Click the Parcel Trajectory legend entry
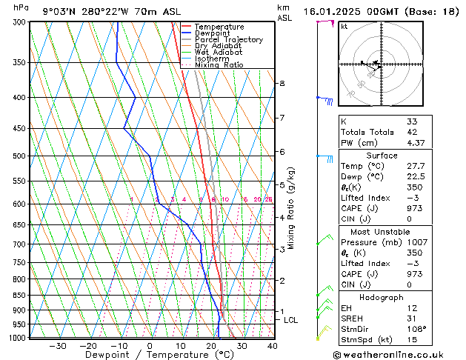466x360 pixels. tap(227, 39)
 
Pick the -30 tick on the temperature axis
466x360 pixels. tap(57, 346)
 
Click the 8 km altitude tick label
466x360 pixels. tap(282, 84)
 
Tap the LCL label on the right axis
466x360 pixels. tap(290, 320)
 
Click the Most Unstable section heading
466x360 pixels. tap(376, 232)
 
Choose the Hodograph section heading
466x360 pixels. tap(376, 296)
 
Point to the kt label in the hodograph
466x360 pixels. tap(344, 27)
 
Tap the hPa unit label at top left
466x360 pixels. tap(21, 7)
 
